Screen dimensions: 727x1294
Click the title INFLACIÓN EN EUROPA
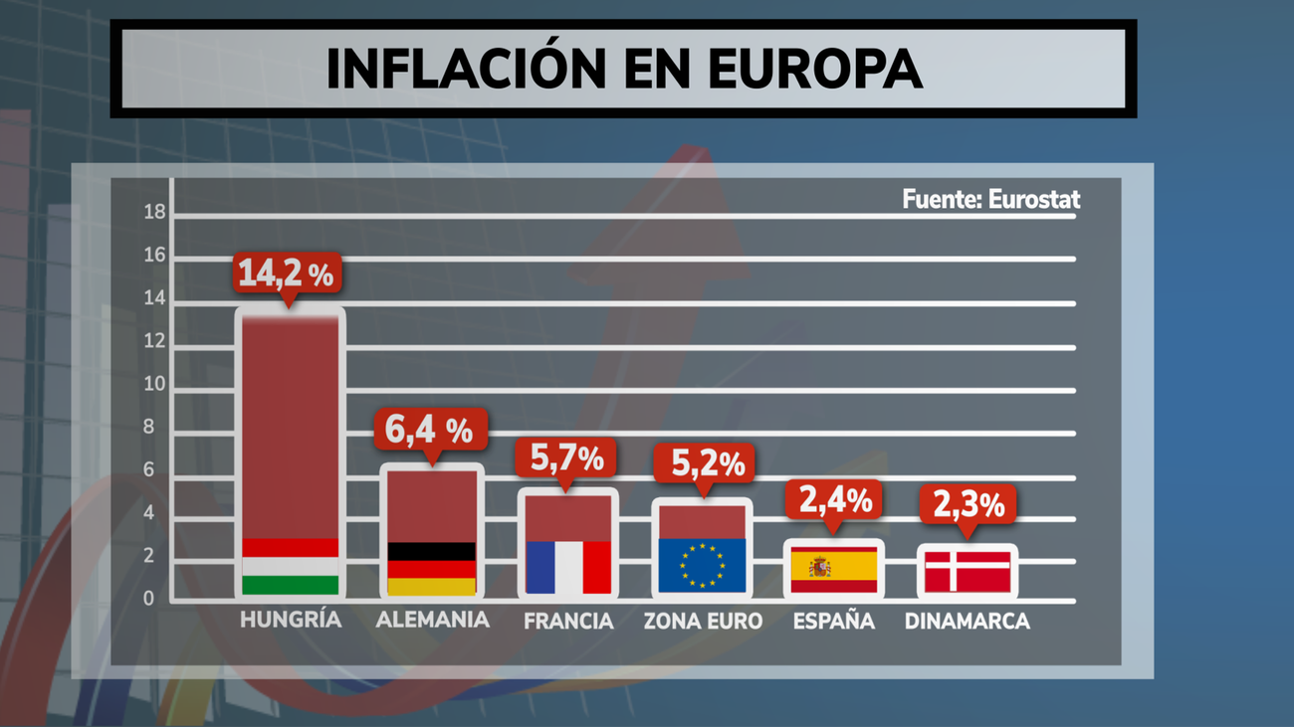623,69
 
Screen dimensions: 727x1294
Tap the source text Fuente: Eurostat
990,199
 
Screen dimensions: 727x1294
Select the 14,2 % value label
286,273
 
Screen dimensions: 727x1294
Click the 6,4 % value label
431,430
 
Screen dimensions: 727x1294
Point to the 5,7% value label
566,458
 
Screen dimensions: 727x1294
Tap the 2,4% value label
835,500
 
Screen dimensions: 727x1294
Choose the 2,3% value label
968,505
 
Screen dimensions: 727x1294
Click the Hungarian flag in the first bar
291,566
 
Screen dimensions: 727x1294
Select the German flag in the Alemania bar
431,569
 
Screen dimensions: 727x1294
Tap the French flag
568,567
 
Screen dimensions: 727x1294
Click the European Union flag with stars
703,565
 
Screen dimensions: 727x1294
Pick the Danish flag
968,572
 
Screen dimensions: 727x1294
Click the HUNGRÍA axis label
291,621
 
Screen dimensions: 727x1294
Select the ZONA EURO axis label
703,622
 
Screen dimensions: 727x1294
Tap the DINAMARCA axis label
967,622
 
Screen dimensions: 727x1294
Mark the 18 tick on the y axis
154,212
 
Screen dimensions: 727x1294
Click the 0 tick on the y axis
149,599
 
